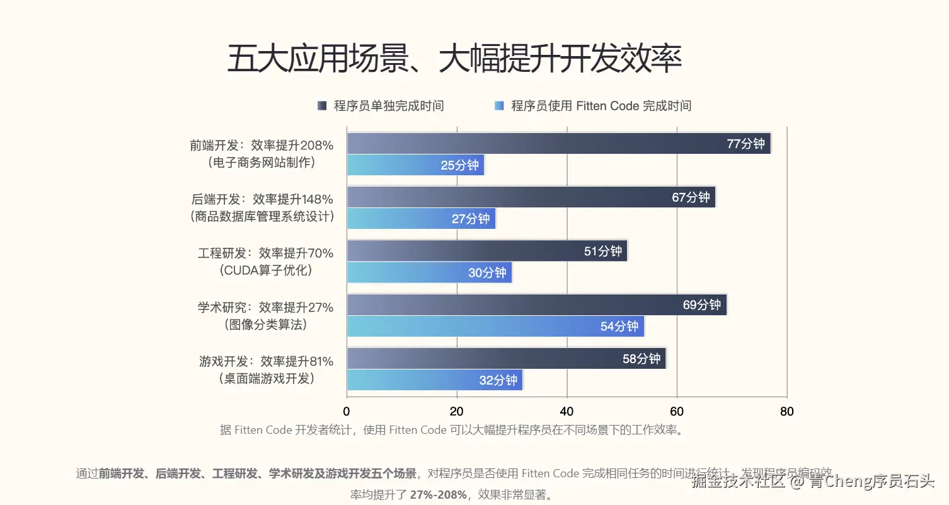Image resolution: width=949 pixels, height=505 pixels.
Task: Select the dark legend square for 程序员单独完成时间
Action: click(322, 106)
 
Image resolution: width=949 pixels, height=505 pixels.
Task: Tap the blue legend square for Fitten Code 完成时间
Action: click(499, 106)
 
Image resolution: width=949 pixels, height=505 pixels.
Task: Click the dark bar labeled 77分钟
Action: click(558, 144)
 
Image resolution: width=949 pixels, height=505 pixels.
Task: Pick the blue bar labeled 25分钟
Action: click(415, 165)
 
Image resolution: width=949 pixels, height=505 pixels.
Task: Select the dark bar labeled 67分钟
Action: click(531, 197)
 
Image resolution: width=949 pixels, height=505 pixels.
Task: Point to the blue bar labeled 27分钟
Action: click(421, 219)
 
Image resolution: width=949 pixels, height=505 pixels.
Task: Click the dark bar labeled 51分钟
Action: click(486, 251)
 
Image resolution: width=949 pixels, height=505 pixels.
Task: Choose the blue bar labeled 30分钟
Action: click(429, 272)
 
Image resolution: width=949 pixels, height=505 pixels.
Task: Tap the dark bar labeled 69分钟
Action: click(536, 305)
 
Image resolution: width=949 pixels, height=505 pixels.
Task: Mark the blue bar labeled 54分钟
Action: click(495, 327)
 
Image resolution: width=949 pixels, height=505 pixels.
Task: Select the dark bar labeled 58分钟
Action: click(506, 359)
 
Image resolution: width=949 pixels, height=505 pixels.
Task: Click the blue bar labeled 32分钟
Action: click(435, 380)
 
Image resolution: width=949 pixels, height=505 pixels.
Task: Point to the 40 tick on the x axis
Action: click(567, 412)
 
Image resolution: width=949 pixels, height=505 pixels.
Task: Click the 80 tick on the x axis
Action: click(786, 412)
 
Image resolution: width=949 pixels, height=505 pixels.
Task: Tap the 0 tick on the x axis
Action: click(347, 412)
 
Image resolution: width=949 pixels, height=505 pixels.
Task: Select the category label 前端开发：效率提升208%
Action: click(262, 145)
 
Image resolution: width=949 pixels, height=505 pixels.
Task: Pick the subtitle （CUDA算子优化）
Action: click(266, 270)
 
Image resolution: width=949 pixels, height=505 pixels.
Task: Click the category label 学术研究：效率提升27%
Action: click(265, 308)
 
